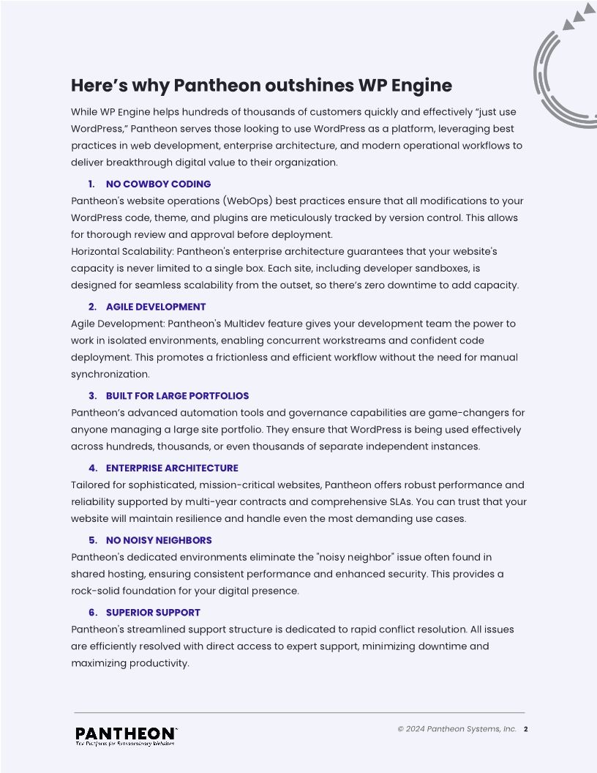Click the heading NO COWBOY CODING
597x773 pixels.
coord(158,184)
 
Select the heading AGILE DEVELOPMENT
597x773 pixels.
coord(156,307)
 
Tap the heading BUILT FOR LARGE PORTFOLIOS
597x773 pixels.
coord(177,396)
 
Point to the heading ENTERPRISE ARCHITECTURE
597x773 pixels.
coord(172,468)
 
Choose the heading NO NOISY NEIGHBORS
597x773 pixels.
coord(159,540)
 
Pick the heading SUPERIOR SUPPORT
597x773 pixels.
coord(153,612)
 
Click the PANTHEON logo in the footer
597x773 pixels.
coord(126,733)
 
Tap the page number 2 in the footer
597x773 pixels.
coord(526,729)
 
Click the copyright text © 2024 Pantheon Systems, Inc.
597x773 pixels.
coord(457,729)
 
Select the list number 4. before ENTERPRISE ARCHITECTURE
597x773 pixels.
coord(93,468)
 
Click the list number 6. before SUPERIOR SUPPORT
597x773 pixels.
coord(93,612)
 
